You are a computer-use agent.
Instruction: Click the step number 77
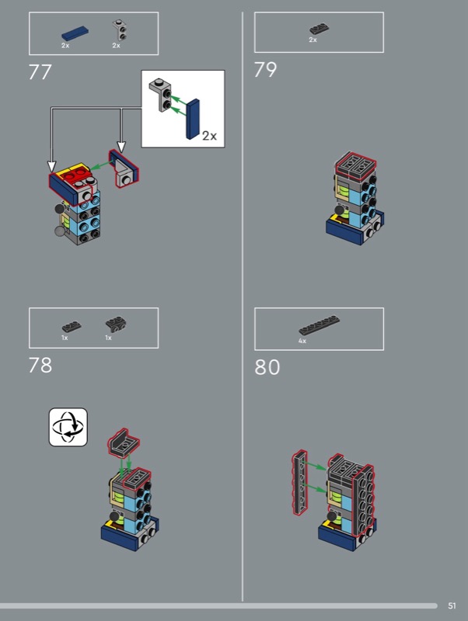click(x=40, y=72)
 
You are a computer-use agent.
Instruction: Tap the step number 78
click(x=40, y=365)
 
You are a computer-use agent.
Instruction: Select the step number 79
click(x=265, y=70)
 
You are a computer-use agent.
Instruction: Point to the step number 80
click(x=267, y=367)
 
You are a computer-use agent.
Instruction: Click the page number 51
click(x=452, y=605)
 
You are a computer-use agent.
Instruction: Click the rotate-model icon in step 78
click(x=68, y=428)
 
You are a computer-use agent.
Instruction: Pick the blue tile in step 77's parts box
click(x=75, y=33)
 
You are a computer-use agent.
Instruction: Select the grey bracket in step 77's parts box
click(x=120, y=30)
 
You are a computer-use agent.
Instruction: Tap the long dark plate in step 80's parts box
click(x=320, y=325)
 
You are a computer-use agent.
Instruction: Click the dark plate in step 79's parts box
click(x=320, y=29)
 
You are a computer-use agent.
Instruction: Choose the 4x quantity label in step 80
click(x=302, y=341)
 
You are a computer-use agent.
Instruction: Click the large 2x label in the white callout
click(x=209, y=136)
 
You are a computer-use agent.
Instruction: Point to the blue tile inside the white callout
click(x=193, y=119)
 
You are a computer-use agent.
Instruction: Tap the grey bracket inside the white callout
click(x=161, y=95)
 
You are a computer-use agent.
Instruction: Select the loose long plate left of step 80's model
click(x=300, y=482)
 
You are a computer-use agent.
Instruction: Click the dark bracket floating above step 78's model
click(x=124, y=442)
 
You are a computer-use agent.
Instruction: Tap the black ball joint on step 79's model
click(x=340, y=211)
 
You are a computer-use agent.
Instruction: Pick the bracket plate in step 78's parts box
click(x=116, y=324)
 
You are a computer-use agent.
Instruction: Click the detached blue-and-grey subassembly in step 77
click(x=124, y=168)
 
